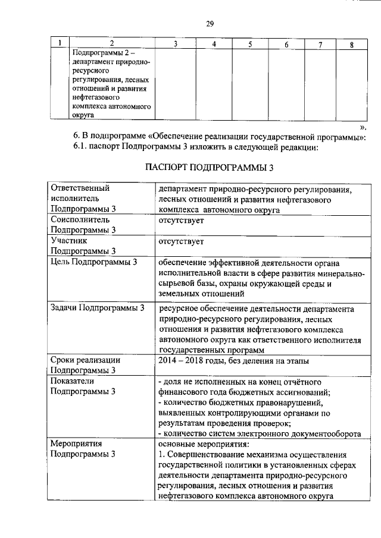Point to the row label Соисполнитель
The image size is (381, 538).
coord(76,220)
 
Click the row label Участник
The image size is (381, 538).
coord(69,241)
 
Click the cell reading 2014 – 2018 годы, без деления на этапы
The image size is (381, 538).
coord(233,360)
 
